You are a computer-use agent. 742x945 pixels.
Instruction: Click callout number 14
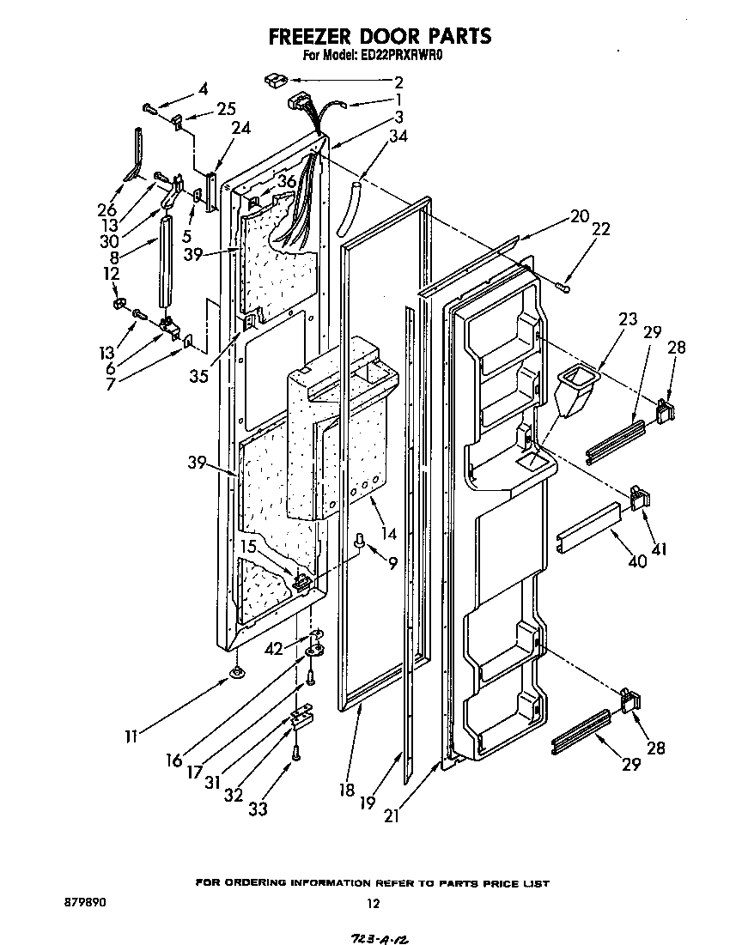[389, 534]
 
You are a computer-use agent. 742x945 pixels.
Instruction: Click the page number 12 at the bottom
[372, 903]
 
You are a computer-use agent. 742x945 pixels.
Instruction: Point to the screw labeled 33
[297, 753]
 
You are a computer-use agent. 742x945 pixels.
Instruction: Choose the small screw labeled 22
[564, 286]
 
